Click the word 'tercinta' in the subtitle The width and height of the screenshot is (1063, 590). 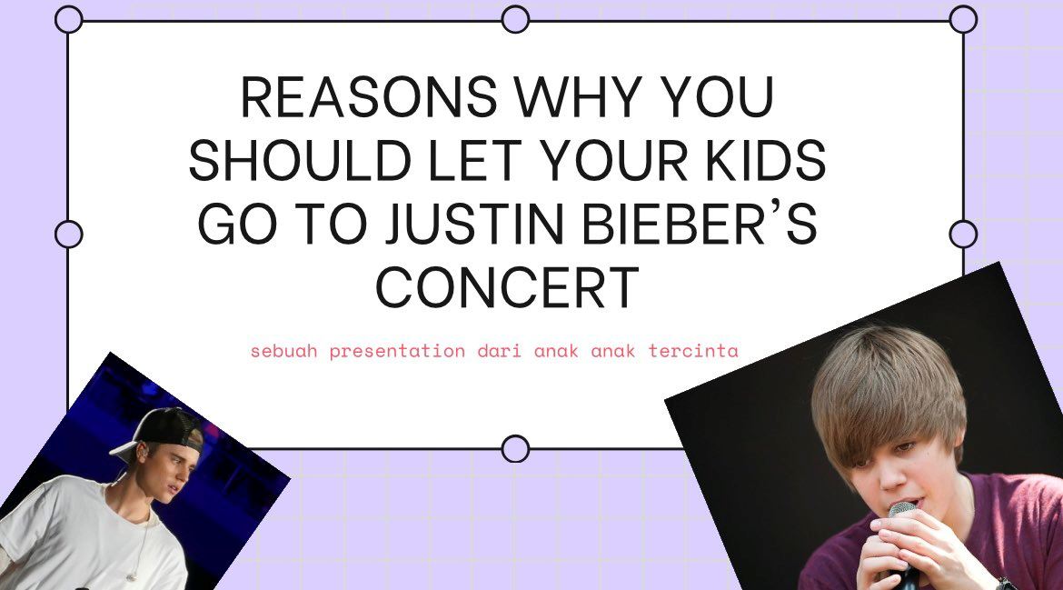(x=694, y=351)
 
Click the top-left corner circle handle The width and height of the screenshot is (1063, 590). (x=69, y=19)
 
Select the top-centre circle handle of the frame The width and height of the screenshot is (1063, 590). (x=515, y=19)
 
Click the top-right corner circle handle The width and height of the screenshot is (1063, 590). (x=963, y=19)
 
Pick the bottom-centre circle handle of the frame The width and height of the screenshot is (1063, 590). (x=515, y=448)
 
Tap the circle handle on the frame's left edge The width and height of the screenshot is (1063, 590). (x=69, y=234)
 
